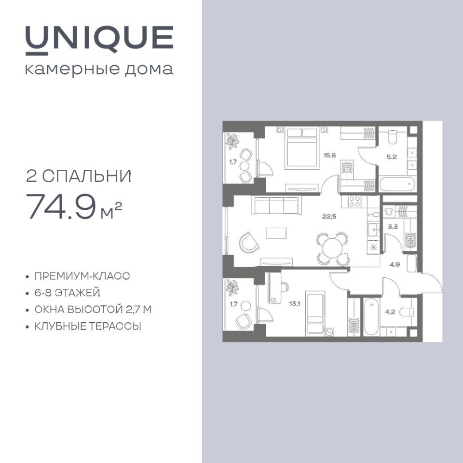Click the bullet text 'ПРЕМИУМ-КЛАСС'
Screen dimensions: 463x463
pos(82,276)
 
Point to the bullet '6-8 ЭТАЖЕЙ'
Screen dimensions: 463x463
pos(68,293)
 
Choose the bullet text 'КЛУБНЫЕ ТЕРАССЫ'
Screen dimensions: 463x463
pos(88,327)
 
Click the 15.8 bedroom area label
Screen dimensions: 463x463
pos(329,155)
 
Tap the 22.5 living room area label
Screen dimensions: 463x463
pos(329,217)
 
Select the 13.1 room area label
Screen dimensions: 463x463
pos(295,303)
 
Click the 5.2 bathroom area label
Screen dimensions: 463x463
pos(392,157)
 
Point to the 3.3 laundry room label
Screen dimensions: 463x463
pos(393,227)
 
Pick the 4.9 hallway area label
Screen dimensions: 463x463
pos(395,265)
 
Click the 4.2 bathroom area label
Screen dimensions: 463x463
pos(390,312)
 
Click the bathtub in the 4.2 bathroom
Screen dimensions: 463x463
pos(371,317)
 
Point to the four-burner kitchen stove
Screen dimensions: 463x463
pos(354,202)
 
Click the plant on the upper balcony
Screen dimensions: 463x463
pos(232,141)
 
